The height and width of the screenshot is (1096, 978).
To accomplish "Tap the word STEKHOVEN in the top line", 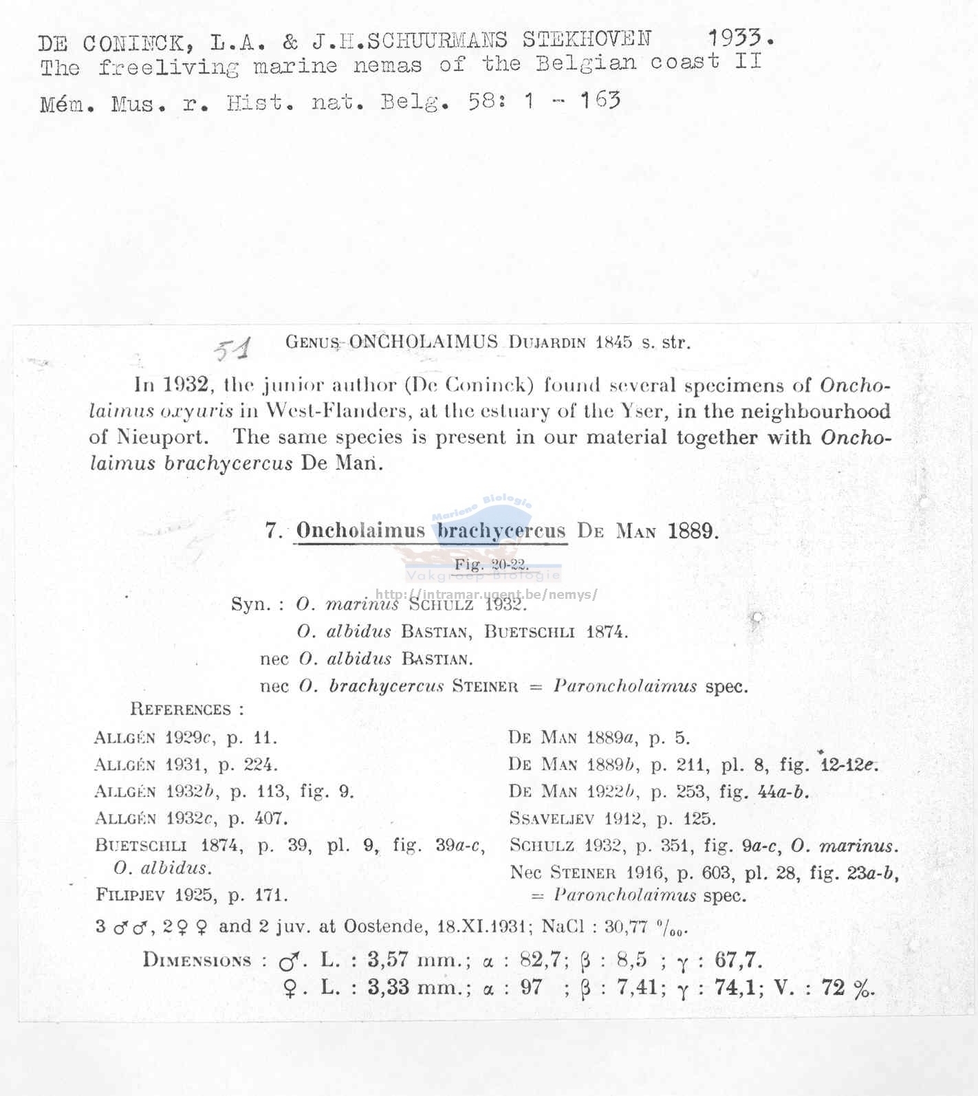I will (586, 40).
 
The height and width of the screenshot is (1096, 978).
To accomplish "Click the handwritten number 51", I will (232, 349).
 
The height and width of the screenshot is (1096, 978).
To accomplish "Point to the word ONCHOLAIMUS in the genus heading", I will (423, 342).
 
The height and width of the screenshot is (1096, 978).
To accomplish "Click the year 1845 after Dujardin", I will (613, 342).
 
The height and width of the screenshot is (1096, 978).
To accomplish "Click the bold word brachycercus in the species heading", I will (501, 530).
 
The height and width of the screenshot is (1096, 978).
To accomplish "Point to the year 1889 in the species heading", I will (692, 531).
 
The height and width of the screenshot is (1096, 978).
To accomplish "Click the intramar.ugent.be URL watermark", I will (486, 595).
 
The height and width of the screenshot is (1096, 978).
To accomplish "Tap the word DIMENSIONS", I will (197, 960).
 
